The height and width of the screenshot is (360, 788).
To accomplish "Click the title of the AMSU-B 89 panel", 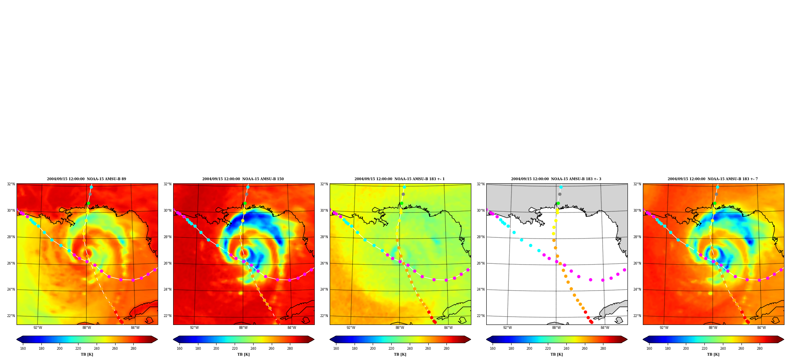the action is pyautogui.click(x=86, y=179).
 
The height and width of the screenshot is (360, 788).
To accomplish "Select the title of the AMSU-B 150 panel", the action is pyautogui.click(x=243, y=179).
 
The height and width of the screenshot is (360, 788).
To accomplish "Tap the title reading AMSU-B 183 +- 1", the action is pyautogui.click(x=400, y=179).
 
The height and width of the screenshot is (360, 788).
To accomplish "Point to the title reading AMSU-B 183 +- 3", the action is pyautogui.click(x=556, y=179).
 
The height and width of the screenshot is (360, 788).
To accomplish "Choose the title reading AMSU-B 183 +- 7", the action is pyautogui.click(x=713, y=179).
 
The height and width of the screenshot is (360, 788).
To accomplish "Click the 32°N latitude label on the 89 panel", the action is pyautogui.click(x=11, y=184).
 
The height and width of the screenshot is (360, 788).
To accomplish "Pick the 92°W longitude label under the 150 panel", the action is pyautogui.click(x=194, y=328).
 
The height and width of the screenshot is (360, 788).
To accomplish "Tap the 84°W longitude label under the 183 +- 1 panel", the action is pyautogui.click(x=448, y=328).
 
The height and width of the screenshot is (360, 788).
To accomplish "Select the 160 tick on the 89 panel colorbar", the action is pyautogui.click(x=23, y=348).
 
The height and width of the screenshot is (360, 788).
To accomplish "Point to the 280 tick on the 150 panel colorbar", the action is pyautogui.click(x=290, y=348).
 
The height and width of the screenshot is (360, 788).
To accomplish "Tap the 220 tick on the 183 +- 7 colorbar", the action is pyautogui.click(x=704, y=348).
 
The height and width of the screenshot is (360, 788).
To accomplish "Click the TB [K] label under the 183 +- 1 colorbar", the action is pyautogui.click(x=400, y=354).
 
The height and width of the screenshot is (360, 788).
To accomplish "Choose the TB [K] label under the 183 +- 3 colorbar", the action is pyautogui.click(x=556, y=354).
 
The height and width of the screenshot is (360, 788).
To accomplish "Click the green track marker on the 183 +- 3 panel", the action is pyautogui.click(x=558, y=203).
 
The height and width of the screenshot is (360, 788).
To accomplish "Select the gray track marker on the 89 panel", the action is pyautogui.click(x=90, y=194).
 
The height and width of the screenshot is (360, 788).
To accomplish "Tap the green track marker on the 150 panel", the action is pyautogui.click(x=245, y=203).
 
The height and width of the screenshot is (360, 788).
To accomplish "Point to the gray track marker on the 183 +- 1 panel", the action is pyautogui.click(x=403, y=194).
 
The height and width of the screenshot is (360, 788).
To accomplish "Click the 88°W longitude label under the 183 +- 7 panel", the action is pyautogui.click(x=713, y=328).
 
